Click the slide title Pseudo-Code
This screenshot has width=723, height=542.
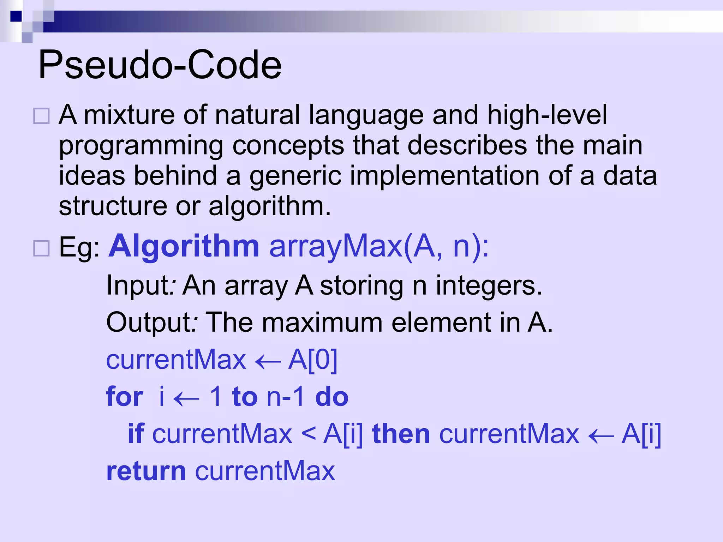click(160, 65)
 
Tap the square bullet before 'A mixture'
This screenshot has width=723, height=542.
click(41, 116)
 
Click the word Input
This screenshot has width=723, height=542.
click(138, 285)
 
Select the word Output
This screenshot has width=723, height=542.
click(148, 323)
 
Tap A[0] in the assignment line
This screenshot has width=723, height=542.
click(313, 360)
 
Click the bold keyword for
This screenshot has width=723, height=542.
click(125, 397)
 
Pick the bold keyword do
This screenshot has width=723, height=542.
click(331, 397)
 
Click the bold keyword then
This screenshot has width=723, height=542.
click(401, 434)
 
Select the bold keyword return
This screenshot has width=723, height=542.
click(146, 471)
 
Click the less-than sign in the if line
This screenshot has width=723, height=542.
click(308, 434)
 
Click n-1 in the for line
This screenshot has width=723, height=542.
click(286, 397)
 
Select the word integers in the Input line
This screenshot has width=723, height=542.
click(489, 285)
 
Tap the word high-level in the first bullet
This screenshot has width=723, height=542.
click(547, 114)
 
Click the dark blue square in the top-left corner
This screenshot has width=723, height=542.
click(16, 16)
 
